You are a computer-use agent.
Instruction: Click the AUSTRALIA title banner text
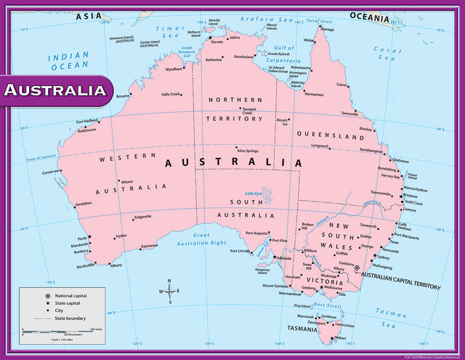pos(54,91)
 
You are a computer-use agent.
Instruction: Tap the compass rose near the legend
pos(170,290)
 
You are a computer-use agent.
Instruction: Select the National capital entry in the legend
pos(70,296)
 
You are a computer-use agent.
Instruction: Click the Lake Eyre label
pos(254,193)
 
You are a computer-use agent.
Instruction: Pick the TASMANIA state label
pos(302,328)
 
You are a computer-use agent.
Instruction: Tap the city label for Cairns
pos(341,84)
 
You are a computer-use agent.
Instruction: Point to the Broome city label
pos(123,96)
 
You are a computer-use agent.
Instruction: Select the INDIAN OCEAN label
pos(69,60)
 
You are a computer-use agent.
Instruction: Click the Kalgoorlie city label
pos(143,216)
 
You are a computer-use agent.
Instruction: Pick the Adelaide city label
pos(283,257)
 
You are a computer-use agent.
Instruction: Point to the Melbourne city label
pos(333,288)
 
